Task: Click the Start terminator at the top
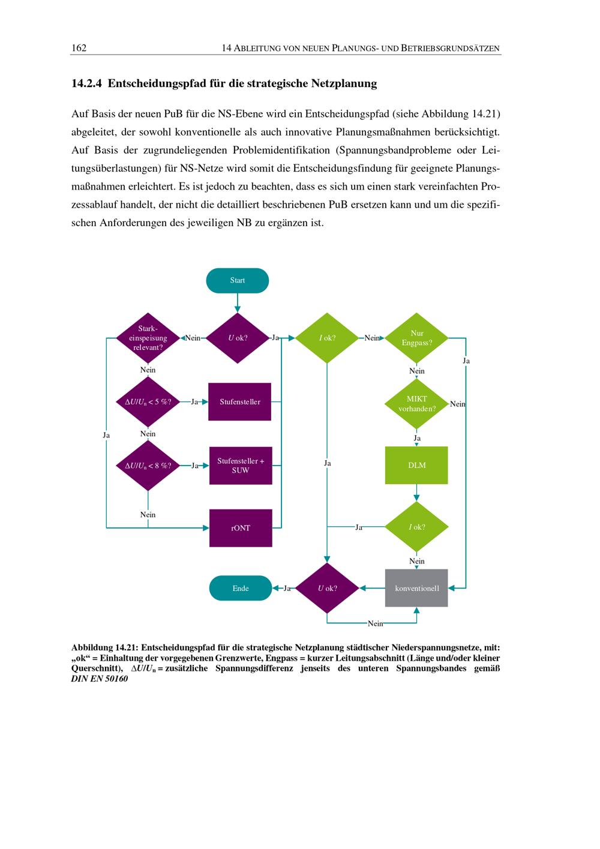pyautogui.click(x=237, y=280)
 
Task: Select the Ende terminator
pyautogui.click(x=241, y=588)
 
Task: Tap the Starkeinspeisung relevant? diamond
pyautogui.click(x=148, y=338)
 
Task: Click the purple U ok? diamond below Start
pyautogui.click(x=237, y=338)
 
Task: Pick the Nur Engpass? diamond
pyautogui.click(x=416, y=338)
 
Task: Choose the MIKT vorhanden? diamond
pyautogui.click(x=416, y=404)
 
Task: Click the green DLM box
pyautogui.click(x=416, y=466)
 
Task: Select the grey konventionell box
pyautogui.click(x=416, y=588)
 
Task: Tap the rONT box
pyautogui.click(x=241, y=528)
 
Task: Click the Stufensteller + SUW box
pyautogui.click(x=241, y=466)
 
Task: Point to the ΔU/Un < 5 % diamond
pyautogui.click(x=148, y=402)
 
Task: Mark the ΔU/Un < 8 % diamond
pyautogui.click(x=148, y=466)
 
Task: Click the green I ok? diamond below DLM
pyautogui.click(x=416, y=527)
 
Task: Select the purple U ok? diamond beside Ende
pyautogui.click(x=327, y=588)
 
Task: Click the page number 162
pyautogui.click(x=79, y=48)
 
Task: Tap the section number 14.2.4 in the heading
pyautogui.click(x=86, y=83)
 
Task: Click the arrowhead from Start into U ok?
pyautogui.click(x=237, y=309)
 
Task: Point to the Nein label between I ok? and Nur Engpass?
pyautogui.click(x=372, y=338)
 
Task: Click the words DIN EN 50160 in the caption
pyautogui.click(x=100, y=679)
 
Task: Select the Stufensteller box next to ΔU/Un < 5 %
pyautogui.click(x=239, y=402)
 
